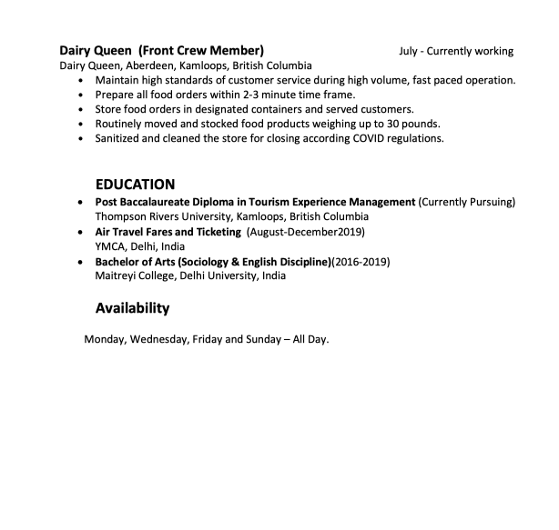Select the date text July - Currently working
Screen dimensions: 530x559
(455, 51)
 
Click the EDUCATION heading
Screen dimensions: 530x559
(135, 184)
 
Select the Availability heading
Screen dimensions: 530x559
(132, 308)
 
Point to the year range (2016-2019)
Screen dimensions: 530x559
(361, 262)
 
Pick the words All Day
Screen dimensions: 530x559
(310, 339)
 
